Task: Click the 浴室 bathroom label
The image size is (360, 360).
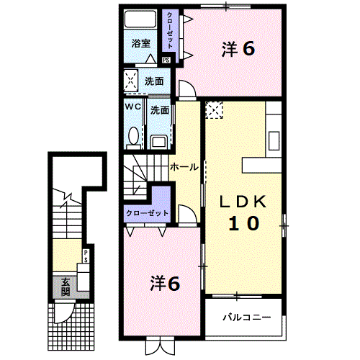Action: (141, 43)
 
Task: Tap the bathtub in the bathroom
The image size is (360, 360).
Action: (140, 19)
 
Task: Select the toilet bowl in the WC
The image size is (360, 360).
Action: (133, 136)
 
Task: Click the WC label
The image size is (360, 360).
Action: (133, 107)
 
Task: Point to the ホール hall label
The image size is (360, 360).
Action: (184, 167)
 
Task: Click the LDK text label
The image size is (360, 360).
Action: (243, 202)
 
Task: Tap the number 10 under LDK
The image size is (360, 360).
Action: (243, 223)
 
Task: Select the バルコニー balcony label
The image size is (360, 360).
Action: (247, 318)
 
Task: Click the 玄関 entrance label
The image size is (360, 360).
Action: (66, 287)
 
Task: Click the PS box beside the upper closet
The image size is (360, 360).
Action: (166, 60)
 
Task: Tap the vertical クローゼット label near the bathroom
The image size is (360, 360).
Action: (170, 31)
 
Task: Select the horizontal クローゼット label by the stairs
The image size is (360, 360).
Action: (148, 213)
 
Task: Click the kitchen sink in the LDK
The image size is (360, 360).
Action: (274, 141)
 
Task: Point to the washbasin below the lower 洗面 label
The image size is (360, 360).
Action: (158, 141)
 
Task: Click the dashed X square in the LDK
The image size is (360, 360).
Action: (215, 110)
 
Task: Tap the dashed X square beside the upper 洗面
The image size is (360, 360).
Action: (131, 81)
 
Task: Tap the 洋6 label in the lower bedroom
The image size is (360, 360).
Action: (165, 284)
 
